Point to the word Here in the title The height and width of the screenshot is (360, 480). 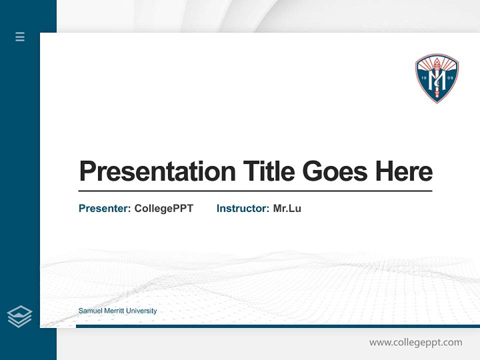(404, 171)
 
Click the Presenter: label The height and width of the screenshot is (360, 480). (104, 208)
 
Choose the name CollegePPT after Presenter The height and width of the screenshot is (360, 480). (163, 208)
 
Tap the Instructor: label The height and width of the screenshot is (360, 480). (242, 208)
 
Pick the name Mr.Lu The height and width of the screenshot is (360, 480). (287, 208)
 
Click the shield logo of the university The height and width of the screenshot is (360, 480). (436, 78)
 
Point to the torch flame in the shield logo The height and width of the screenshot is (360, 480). (436, 63)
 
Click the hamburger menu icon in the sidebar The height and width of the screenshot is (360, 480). (20, 36)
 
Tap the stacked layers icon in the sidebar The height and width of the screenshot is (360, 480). (19, 316)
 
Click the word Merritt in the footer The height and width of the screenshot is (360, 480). (114, 311)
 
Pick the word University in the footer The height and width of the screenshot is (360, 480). (141, 311)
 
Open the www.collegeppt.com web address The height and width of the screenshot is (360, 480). (415, 342)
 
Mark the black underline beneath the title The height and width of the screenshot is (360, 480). (255, 191)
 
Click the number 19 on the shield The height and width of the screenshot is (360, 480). (423, 78)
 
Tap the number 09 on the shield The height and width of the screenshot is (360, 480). (450, 78)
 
